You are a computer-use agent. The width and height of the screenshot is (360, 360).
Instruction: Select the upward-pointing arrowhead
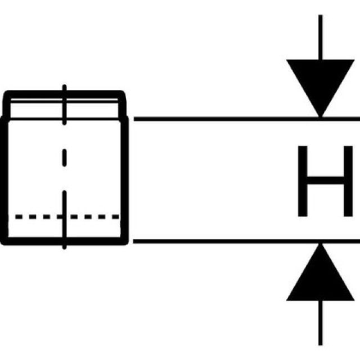click(x=320, y=276)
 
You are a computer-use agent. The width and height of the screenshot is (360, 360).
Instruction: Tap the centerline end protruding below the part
click(x=65, y=246)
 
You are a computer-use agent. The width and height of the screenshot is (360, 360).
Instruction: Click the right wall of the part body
click(x=126, y=180)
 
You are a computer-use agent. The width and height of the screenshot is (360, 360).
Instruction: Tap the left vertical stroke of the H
click(x=302, y=181)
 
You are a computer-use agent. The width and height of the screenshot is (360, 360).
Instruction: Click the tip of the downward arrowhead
click(x=320, y=116)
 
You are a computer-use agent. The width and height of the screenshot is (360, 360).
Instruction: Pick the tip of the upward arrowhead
click(x=320, y=245)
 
